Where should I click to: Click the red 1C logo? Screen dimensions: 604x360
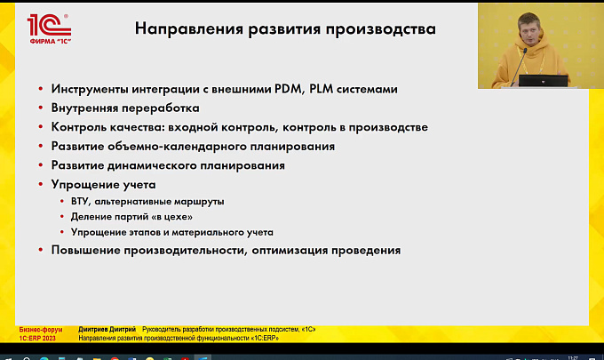tap(50, 29)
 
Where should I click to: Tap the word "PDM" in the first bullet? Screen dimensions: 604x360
tap(288, 89)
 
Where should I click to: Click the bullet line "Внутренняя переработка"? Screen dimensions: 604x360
tap(125, 108)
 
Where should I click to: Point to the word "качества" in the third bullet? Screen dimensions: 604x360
tap(135, 127)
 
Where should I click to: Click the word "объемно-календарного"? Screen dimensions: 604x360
tap(177, 147)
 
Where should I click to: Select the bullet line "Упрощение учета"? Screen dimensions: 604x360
tap(103, 185)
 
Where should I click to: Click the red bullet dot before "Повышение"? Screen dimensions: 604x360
tap(41, 250)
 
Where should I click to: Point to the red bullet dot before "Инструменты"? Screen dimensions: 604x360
tap(41, 89)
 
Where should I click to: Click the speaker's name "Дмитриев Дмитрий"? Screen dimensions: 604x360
tap(107, 330)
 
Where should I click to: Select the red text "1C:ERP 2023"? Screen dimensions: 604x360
tap(37, 338)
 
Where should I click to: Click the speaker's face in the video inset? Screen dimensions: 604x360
tap(528, 30)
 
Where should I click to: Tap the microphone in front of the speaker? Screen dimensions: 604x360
tap(519, 67)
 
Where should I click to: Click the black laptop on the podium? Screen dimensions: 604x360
tap(543, 81)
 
